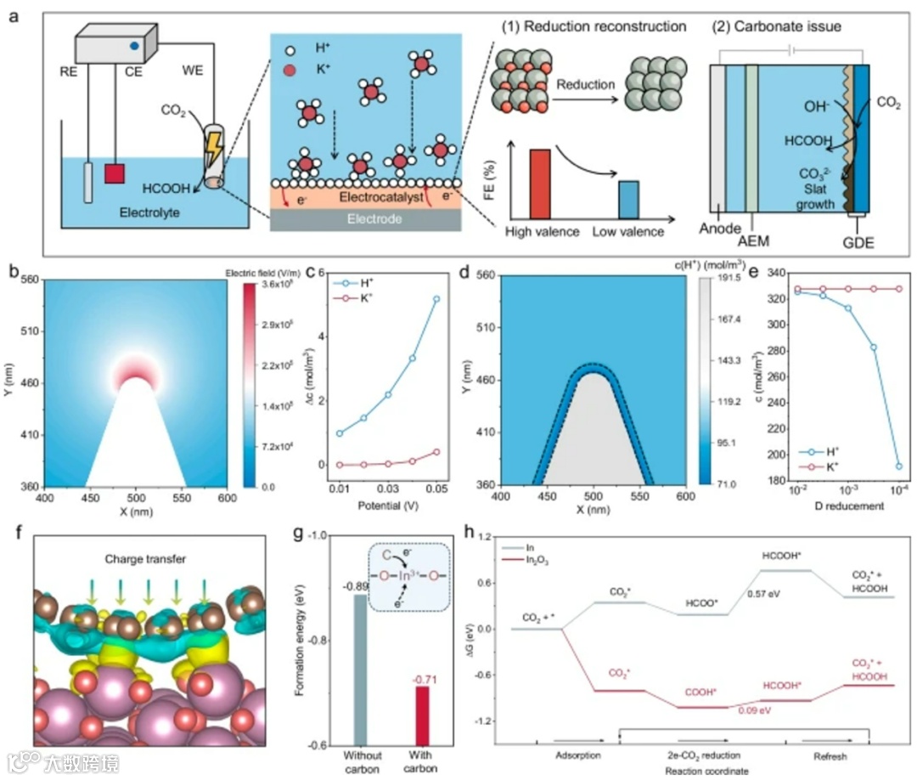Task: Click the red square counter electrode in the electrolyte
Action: pos(114,174)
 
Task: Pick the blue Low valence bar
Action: pos(627,199)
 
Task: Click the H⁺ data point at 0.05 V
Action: pos(436,299)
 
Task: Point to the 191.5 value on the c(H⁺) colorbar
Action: pos(721,277)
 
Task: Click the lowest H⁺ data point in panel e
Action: pos(898,466)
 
